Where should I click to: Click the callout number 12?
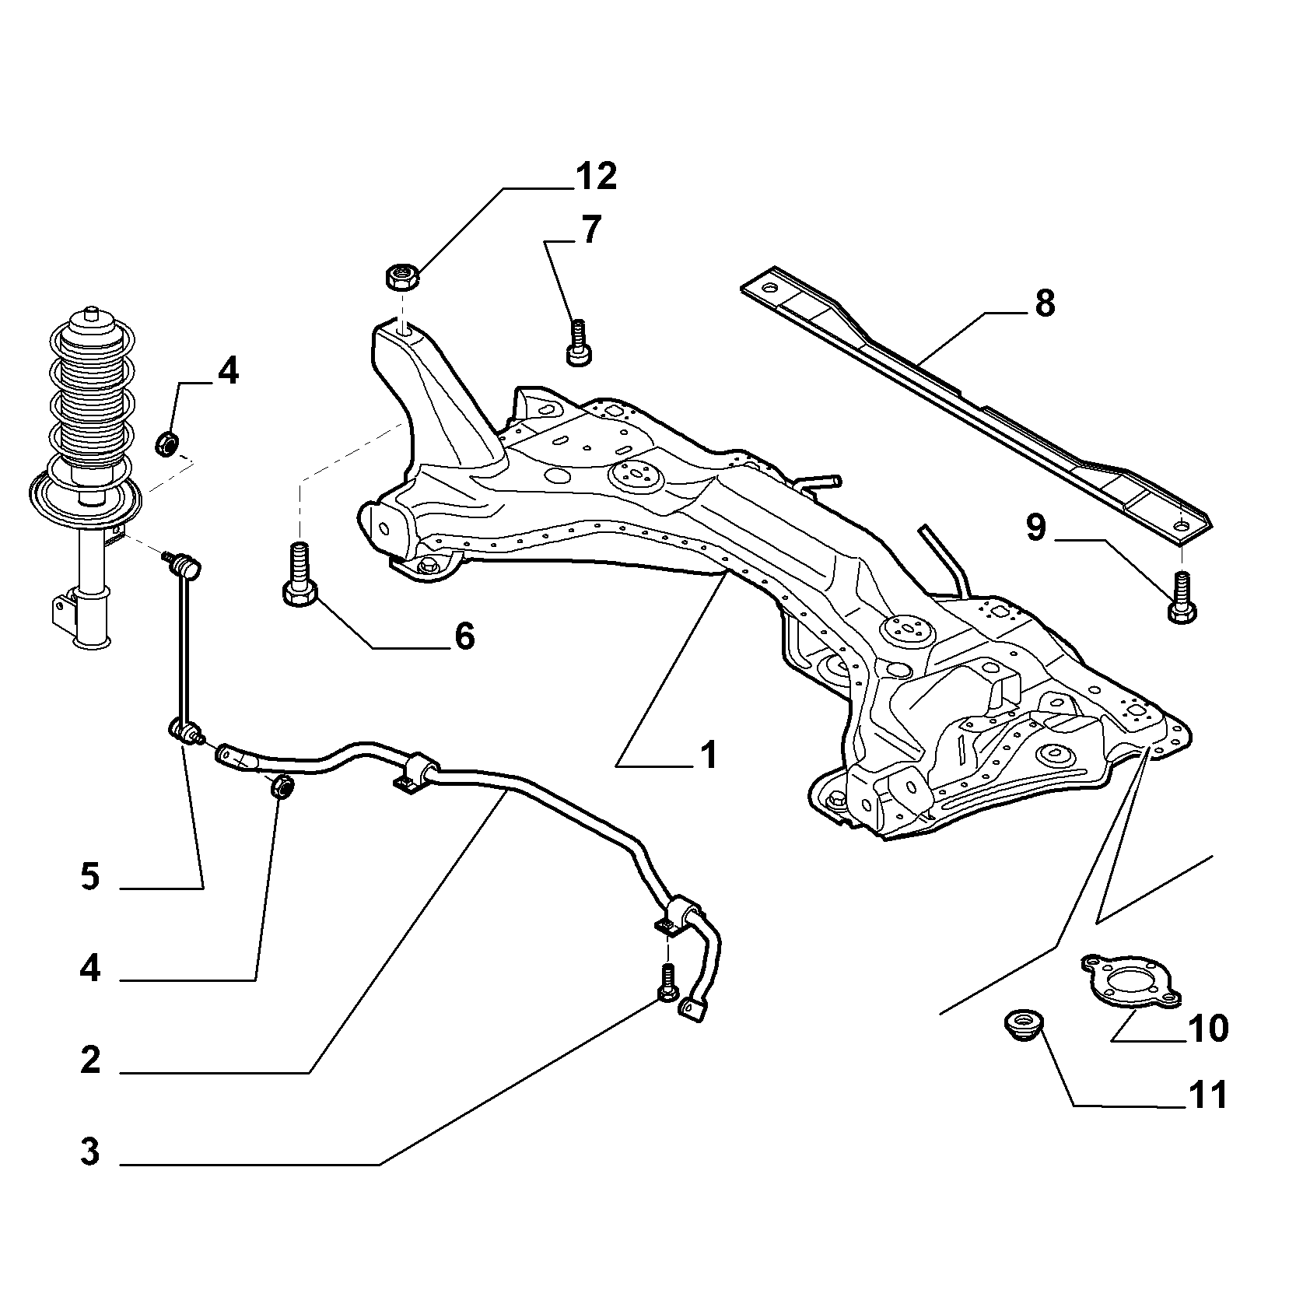pyautogui.click(x=597, y=177)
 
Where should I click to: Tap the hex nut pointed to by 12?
pyautogui.click(x=402, y=276)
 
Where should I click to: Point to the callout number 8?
pyautogui.click(x=1044, y=303)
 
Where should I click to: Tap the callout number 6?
pyautogui.click(x=464, y=636)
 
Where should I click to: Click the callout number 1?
pyautogui.click(x=708, y=755)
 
